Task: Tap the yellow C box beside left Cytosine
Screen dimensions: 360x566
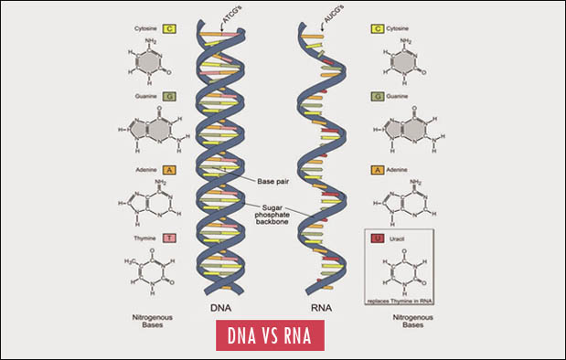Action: click(x=170, y=28)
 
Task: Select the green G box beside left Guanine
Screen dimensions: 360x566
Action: click(x=170, y=95)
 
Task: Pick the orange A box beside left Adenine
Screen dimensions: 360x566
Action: click(x=170, y=169)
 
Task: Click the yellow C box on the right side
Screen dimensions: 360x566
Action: click(x=377, y=28)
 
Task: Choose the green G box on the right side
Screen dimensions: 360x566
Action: click(x=377, y=95)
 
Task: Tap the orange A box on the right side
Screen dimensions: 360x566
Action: click(x=377, y=169)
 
